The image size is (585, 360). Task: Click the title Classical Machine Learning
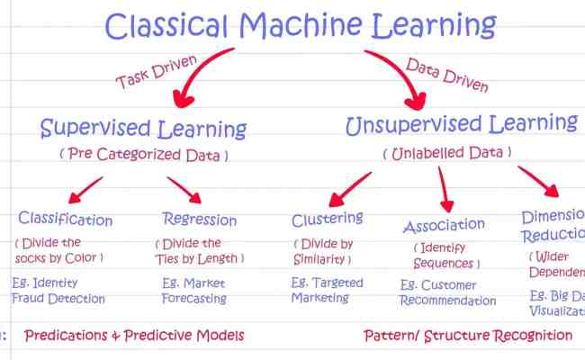[x=301, y=26]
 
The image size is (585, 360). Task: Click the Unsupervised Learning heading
[x=461, y=124]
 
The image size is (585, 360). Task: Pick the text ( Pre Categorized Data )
[x=144, y=155]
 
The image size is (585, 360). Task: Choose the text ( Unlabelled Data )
[x=445, y=153]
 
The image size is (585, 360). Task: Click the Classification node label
[x=66, y=220]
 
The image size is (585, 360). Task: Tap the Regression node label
[x=199, y=219]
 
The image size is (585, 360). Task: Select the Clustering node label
[x=327, y=219]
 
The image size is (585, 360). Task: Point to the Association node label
[x=444, y=225]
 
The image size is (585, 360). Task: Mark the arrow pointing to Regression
[x=184, y=189]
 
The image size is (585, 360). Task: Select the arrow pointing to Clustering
[x=342, y=190]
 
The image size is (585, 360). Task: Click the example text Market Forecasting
[x=194, y=291]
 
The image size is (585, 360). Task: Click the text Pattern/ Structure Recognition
[x=467, y=336]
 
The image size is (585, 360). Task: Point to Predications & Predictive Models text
[x=134, y=336]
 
